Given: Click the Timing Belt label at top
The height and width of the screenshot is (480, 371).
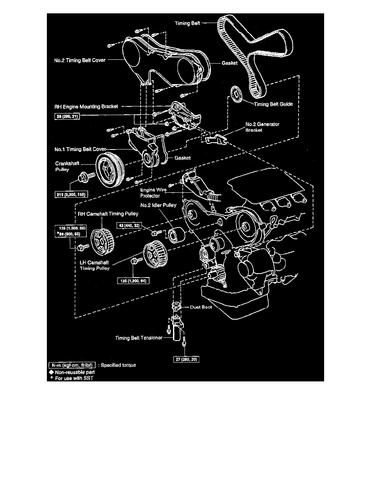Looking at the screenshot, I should [x=188, y=23].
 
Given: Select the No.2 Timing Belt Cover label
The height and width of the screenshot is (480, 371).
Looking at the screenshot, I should [x=80, y=60].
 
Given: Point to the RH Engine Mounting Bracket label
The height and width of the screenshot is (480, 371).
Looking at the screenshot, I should [x=86, y=107].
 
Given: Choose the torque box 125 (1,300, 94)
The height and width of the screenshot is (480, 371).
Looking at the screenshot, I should [x=133, y=280].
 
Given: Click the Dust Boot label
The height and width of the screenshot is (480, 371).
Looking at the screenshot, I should [x=201, y=307].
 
